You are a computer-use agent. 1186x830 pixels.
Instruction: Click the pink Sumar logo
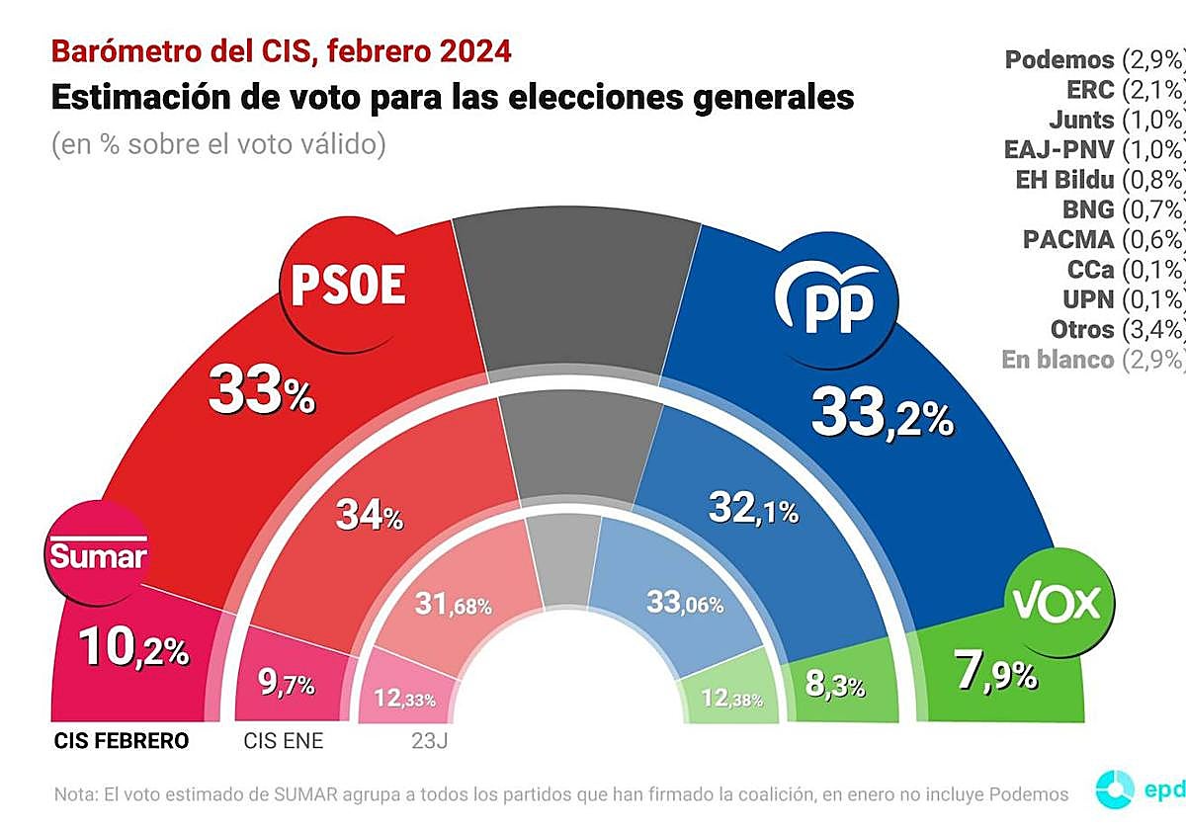[x=98, y=554]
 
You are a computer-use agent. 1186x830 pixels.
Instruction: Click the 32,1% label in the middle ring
[x=753, y=509]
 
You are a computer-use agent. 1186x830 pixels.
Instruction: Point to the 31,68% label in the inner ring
[x=454, y=604]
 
